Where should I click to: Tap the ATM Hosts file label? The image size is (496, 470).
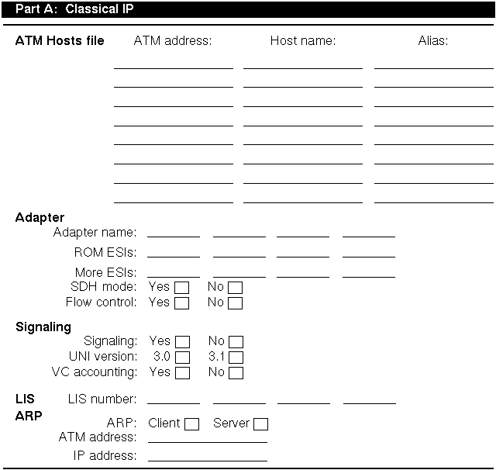(60, 40)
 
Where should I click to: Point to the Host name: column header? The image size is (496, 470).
(302, 40)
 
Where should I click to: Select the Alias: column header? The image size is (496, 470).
(432, 40)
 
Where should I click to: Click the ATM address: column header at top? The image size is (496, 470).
(173, 40)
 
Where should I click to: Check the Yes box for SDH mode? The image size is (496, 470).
(182, 288)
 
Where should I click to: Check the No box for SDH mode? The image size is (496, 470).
(235, 288)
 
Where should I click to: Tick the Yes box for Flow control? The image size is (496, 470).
(182, 302)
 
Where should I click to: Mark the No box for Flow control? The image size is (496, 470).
(235, 302)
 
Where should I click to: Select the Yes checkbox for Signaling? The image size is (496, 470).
(183, 342)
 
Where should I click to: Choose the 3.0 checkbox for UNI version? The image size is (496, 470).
(183, 358)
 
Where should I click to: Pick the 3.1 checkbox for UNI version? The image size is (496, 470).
(236, 358)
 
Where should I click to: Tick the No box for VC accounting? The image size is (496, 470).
(236, 373)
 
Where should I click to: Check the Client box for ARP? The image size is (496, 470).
(191, 424)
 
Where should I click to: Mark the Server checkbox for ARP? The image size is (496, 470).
(261, 424)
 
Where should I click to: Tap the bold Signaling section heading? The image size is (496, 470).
(43, 327)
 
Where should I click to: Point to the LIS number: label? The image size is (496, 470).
(102, 399)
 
